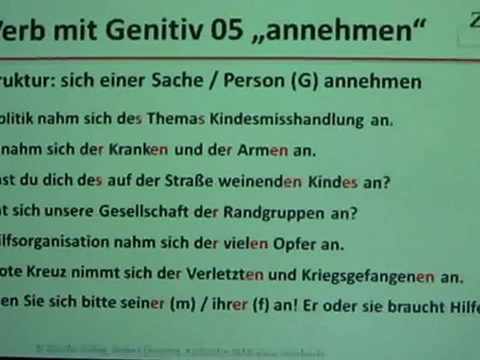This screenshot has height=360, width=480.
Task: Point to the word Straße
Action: [x=183, y=182]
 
